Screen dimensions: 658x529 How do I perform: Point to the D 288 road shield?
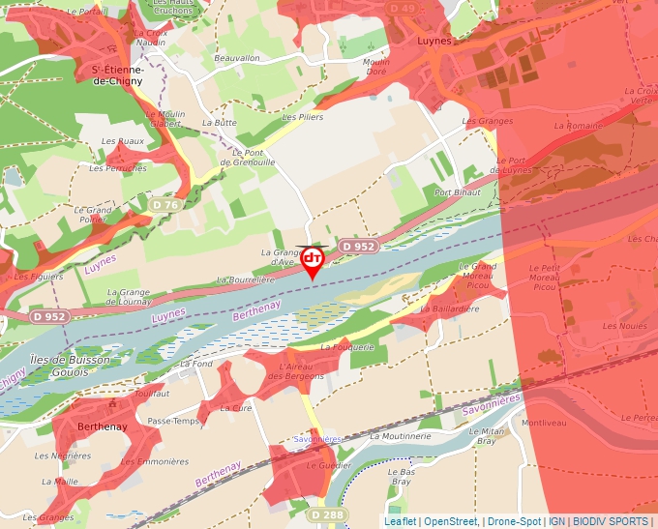pyautogui.click(x=328, y=515)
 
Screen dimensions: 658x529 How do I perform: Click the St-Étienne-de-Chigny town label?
pyautogui.click(x=117, y=75)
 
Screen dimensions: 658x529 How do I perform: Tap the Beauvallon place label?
pyautogui.click(x=237, y=58)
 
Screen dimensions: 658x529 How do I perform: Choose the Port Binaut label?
pyautogui.click(x=457, y=192)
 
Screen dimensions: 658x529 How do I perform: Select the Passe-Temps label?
pyautogui.click(x=173, y=422)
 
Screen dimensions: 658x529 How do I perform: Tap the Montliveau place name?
pyautogui.click(x=542, y=423)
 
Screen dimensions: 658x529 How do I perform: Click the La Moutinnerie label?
pyautogui.click(x=400, y=436)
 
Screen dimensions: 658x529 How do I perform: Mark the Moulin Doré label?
pyautogui.click(x=375, y=67)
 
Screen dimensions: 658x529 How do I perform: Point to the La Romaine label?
pyautogui.click(x=584, y=126)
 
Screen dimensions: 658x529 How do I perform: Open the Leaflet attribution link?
pyautogui.click(x=400, y=521)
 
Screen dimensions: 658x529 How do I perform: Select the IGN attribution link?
pyautogui.click(x=556, y=521)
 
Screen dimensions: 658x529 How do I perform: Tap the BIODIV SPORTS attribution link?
pyautogui.click(x=611, y=521)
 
